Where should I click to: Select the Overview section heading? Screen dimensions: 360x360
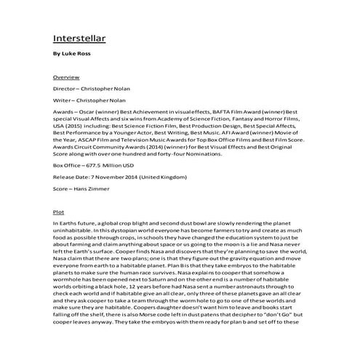coord(66,76)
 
